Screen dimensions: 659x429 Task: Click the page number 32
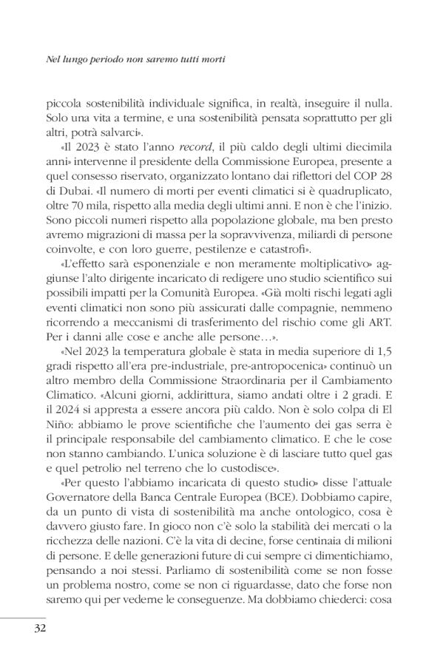click(x=39, y=629)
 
